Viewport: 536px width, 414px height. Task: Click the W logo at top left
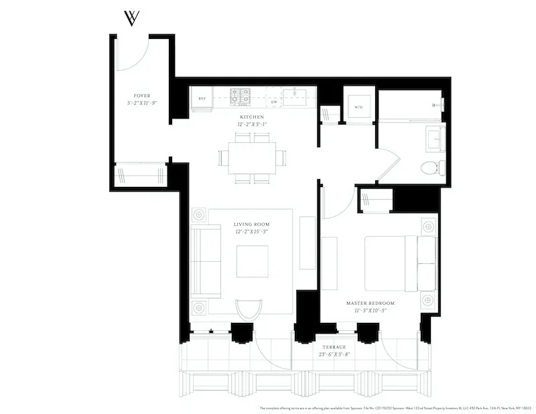pos(132,18)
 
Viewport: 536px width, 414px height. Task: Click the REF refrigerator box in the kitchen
pos(201,98)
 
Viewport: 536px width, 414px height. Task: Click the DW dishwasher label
pos(274,102)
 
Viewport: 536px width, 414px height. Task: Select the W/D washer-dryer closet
pos(358,105)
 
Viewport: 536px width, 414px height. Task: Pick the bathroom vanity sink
pos(433,138)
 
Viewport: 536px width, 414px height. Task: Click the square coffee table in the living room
pos(252,261)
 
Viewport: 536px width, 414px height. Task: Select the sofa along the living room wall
pos(205,261)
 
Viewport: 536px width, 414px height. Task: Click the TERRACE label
pos(336,347)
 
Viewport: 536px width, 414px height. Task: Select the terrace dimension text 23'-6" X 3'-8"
pos(336,355)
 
